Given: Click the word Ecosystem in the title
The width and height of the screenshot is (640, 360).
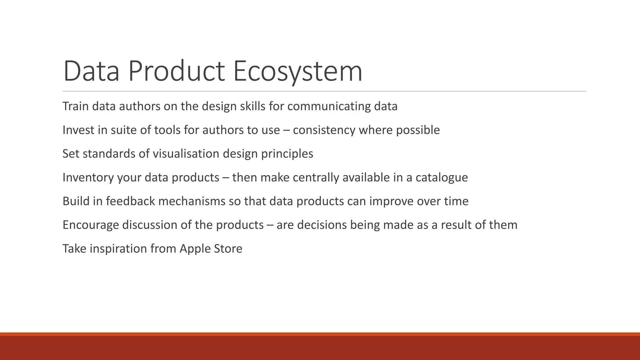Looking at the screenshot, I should click(297, 71).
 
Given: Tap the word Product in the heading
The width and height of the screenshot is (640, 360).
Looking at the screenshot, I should click(176, 71).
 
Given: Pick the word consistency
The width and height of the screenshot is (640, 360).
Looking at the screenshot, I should click(324, 130).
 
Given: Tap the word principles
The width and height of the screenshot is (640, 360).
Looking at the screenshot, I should click(287, 154).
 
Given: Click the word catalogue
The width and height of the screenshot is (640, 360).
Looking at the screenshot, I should click(442, 177).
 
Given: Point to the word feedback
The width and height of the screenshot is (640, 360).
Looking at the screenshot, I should click(130, 201).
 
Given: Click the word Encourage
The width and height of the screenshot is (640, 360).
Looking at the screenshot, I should click(91, 225).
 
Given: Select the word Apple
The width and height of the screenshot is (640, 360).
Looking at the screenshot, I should click(195, 249).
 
